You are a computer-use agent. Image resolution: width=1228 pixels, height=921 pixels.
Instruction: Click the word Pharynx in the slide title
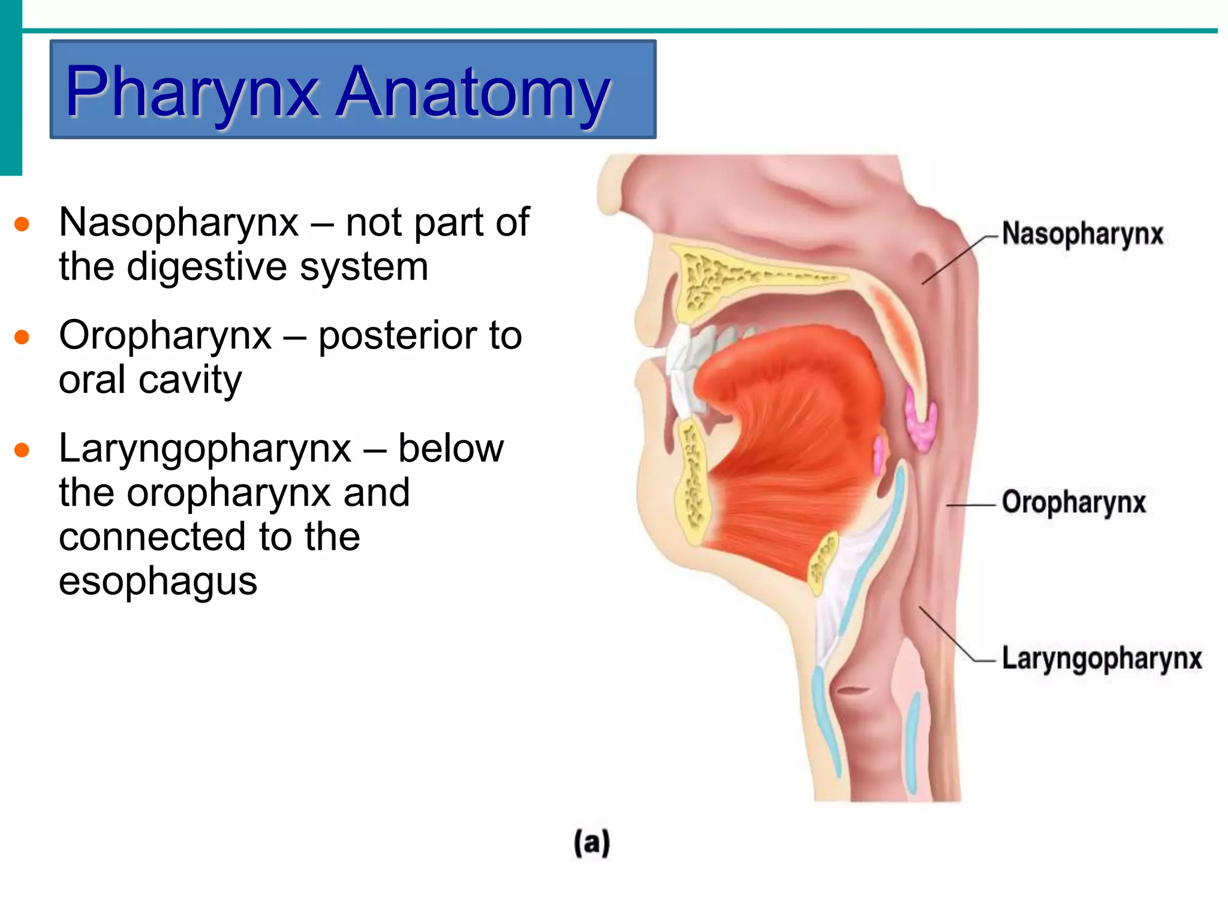pyautogui.click(x=192, y=92)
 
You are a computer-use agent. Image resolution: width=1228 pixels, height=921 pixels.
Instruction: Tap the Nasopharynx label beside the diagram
pyautogui.click(x=1082, y=234)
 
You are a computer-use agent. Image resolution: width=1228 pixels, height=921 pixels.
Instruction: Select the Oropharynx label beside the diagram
pyautogui.click(x=1073, y=502)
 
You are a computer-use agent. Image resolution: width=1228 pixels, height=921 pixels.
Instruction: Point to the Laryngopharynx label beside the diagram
pyautogui.click(x=1101, y=658)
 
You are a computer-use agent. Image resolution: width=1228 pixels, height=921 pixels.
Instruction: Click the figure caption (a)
pyautogui.click(x=592, y=842)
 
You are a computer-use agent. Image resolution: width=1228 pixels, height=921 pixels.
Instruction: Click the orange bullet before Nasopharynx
pyautogui.click(x=22, y=224)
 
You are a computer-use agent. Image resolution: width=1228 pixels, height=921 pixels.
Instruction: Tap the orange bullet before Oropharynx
pyautogui.click(x=22, y=337)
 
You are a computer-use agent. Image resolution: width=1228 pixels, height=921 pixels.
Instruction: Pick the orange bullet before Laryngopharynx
pyautogui.click(x=22, y=450)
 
